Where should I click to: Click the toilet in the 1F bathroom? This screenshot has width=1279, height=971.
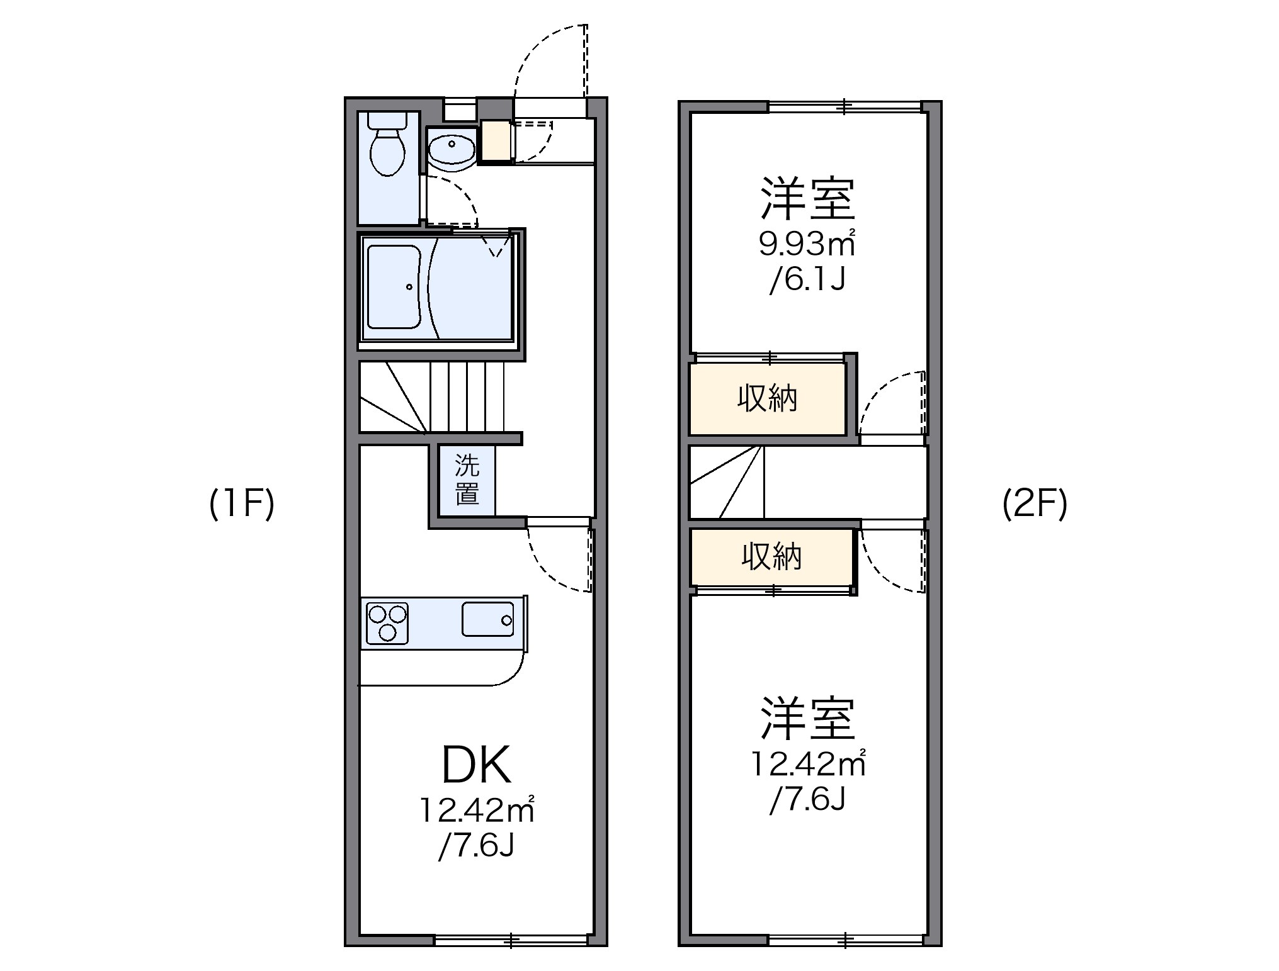[x=387, y=150]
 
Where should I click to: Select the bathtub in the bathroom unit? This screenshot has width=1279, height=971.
[x=394, y=287]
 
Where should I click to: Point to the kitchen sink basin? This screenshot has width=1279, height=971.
[x=488, y=619]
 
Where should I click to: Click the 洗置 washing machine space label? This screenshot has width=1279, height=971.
[x=467, y=480]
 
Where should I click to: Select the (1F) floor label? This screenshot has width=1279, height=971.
[x=242, y=504]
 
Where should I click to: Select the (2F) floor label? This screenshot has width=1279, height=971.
[x=1035, y=504]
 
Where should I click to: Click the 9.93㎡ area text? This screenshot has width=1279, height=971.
[x=807, y=244]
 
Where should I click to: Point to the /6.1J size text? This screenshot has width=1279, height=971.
[x=807, y=280]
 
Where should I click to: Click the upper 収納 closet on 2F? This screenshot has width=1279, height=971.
[x=767, y=398]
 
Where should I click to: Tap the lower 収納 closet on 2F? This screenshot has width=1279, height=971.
[x=771, y=556]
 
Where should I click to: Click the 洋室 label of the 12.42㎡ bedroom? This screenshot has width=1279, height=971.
[x=807, y=718]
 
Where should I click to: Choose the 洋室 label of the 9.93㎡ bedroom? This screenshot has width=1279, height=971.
[x=807, y=198]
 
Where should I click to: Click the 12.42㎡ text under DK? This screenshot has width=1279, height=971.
[x=477, y=811]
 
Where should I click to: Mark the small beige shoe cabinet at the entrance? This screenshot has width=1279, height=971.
[x=495, y=142]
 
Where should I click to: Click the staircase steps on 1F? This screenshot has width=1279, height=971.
[x=466, y=396]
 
